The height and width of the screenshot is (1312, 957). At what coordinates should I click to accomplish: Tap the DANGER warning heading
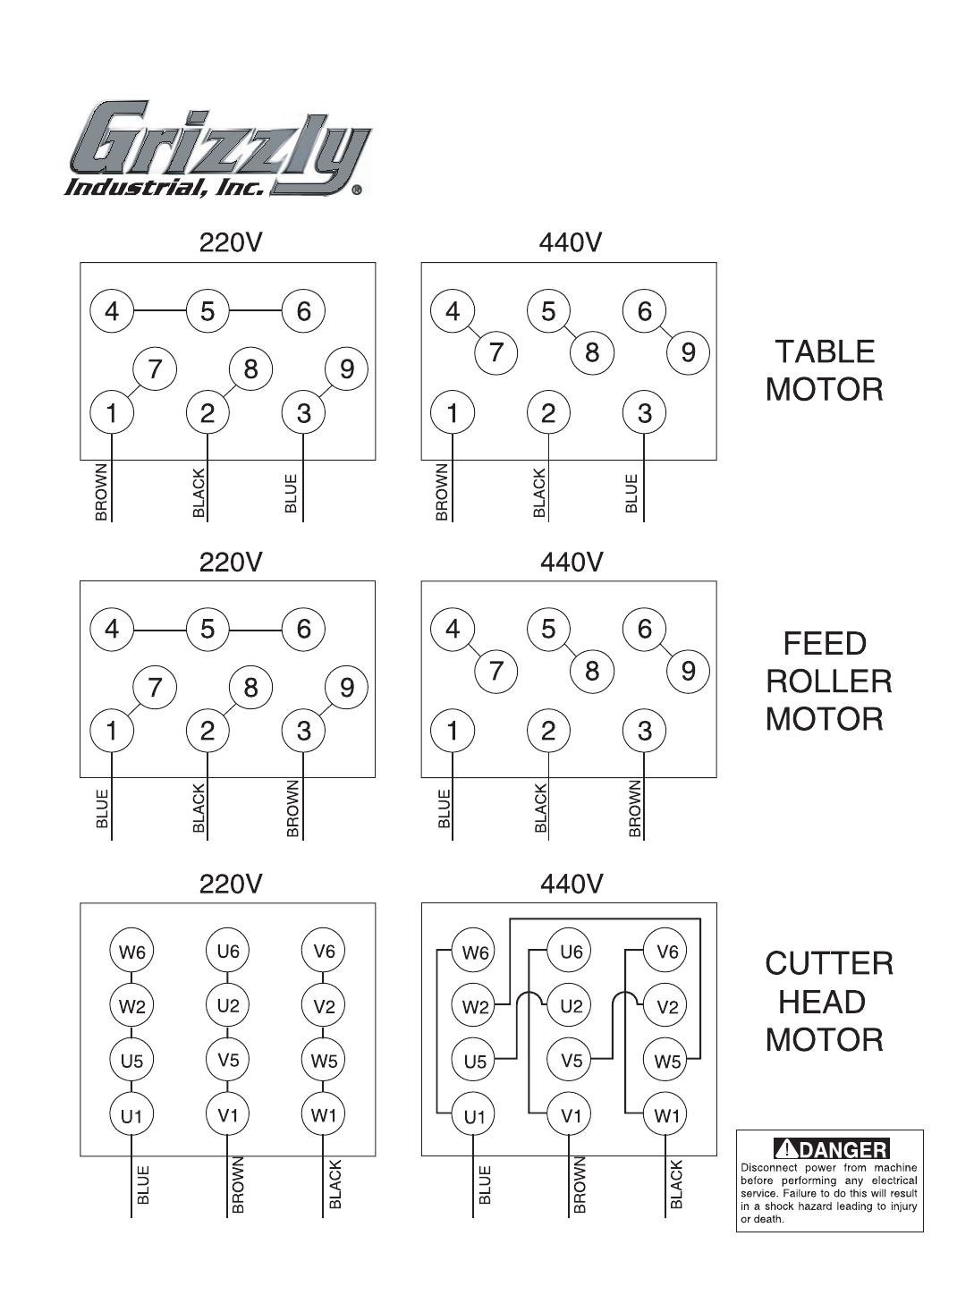831,1149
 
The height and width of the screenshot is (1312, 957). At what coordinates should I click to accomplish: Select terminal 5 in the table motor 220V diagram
207,311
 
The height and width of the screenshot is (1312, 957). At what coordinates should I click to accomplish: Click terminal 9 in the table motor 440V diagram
688,352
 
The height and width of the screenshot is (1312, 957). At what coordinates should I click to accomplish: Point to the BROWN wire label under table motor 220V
101,492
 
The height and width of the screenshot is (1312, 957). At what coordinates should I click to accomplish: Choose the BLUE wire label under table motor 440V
631,494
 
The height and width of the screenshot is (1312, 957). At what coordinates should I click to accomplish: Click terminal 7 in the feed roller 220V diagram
155,688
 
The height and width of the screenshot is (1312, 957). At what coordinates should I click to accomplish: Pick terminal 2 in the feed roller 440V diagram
548,731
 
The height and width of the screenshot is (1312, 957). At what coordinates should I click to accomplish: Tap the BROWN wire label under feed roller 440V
635,809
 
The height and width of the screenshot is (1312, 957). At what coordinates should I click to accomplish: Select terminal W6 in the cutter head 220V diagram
131,952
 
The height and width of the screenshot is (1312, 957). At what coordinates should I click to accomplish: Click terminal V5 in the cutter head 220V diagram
228,1061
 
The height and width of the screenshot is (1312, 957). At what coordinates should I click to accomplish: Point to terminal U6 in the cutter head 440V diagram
571,952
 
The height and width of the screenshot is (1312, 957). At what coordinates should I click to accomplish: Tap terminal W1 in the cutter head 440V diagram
667,1115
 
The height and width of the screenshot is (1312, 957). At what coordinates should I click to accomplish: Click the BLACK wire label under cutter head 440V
676,1186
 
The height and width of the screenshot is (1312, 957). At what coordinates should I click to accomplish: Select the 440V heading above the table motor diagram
571,242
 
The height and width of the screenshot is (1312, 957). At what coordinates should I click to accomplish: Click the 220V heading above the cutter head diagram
230,884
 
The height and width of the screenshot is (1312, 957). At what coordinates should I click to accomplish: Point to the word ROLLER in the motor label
828,681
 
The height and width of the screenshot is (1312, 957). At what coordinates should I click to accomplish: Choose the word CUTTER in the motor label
828,964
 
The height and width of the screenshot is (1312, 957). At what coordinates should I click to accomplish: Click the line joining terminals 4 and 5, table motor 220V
159,311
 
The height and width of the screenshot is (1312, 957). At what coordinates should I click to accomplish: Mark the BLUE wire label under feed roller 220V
101,809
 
